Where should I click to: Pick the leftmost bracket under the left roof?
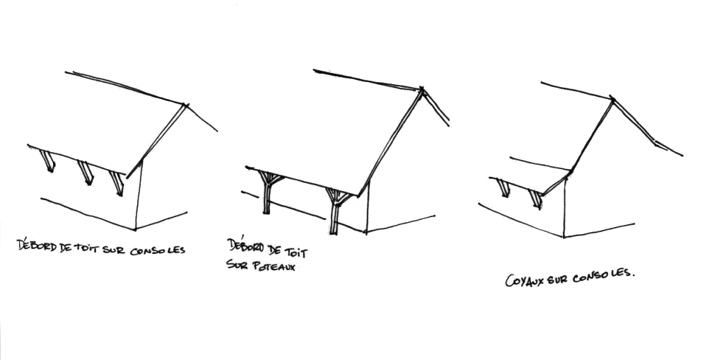(49, 161)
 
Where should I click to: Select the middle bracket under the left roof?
(85, 173)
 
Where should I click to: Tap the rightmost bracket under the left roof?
(116, 182)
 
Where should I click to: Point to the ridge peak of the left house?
(186, 105)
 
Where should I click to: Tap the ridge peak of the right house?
(612, 98)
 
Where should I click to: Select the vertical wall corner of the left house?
(138, 194)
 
